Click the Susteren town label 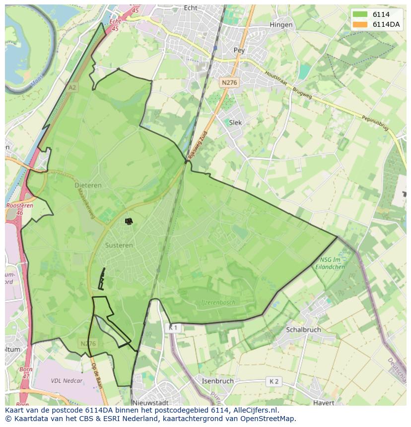point(119,245)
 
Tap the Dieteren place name point(88,185)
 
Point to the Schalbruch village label point(303,329)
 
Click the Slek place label point(235,122)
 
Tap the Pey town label point(239,50)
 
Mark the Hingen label point(281,24)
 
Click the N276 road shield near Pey point(229,83)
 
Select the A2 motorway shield point(72,87)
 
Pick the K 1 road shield point(172,328)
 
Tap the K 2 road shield point(274,381)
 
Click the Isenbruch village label point(217,381)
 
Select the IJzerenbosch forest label point(218,302)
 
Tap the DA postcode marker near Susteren point(129,221)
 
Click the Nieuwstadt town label point(150,403)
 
